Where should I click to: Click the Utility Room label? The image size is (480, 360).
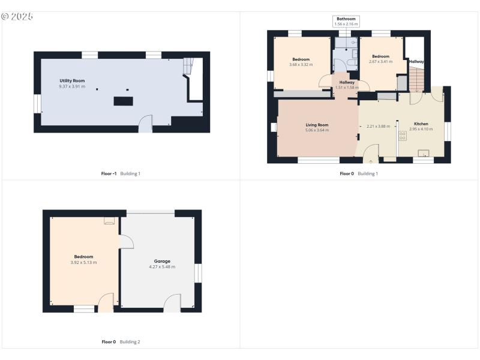click(72, 80)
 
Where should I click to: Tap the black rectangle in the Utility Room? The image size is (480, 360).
click(124, 101)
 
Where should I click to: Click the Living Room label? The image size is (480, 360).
click(317, 125)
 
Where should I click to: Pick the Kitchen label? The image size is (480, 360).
click(421, 124)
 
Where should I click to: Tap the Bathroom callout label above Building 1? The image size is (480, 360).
click(346, 19)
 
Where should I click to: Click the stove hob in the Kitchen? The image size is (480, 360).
click(402, 136)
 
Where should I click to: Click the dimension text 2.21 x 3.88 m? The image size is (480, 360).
click(378, 127)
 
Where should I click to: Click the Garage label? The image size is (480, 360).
click(162, 261)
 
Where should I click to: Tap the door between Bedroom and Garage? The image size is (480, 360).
click(127, 241)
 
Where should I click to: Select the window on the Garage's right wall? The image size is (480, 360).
click(198, 273)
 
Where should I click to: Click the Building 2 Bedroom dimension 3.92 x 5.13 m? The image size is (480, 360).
click(83, 262)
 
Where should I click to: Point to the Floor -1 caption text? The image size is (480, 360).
click(109, 173)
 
